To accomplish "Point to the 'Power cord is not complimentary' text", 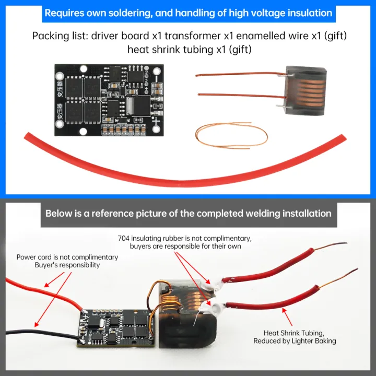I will point(67,257).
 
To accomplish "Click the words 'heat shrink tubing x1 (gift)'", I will point(189,50).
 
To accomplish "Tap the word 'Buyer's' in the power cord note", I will point(46,265).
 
